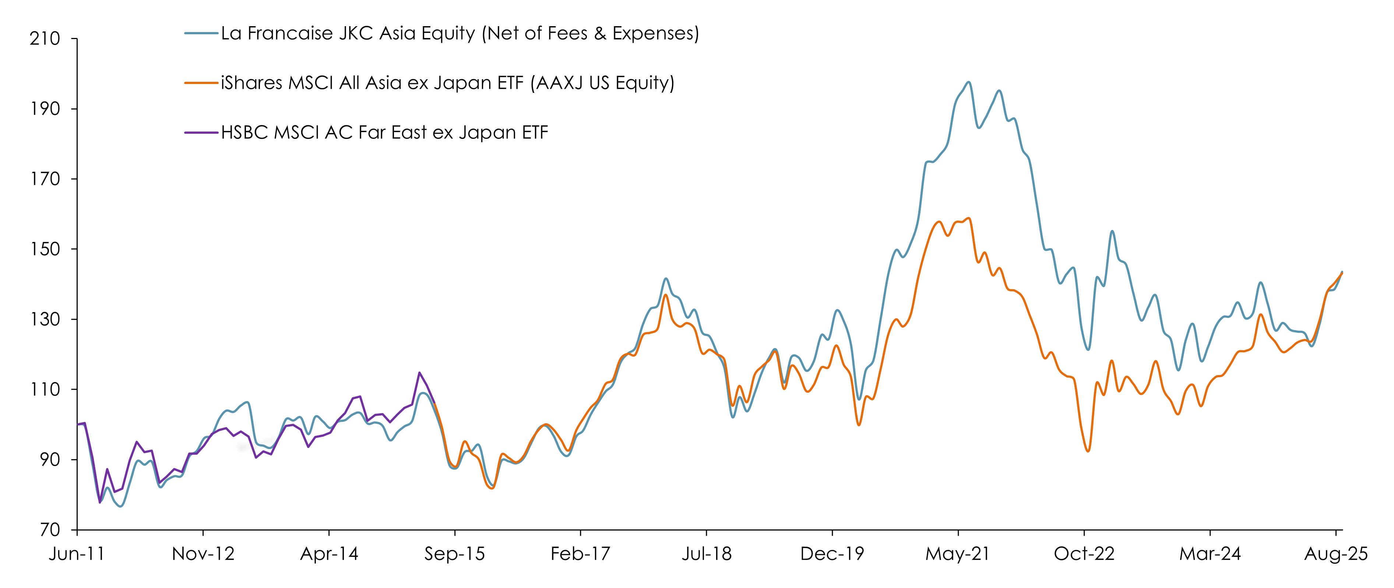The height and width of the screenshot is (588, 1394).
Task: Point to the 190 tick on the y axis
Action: [45, 109]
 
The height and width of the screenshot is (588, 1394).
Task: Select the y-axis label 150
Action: [45, 249]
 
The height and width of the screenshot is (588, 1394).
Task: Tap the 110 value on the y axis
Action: [45, 389]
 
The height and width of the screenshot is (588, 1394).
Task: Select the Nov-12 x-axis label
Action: [203, 554]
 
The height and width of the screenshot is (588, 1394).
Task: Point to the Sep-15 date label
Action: [455, 554]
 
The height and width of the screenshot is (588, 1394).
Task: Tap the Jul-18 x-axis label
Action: [706, 554]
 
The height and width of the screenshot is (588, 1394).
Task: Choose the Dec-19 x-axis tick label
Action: [832, 554]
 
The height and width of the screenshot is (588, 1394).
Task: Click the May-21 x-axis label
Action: [958, 554]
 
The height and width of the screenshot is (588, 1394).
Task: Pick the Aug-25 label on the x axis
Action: [1335, 554]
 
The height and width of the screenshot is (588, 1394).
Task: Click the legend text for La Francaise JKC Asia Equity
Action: [460, 34]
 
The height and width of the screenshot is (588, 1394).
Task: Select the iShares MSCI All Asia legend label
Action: [447, 83]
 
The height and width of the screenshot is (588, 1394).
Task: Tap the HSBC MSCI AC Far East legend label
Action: [384, 133]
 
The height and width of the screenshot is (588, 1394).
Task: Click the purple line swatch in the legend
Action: [201, 133]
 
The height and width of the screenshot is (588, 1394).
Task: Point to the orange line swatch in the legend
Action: [201, 83]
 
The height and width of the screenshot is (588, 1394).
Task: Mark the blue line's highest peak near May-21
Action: [968, 82]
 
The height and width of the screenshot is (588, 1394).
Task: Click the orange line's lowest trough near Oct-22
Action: [1088, 451]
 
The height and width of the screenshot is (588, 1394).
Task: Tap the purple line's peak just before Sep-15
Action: [419, 372]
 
